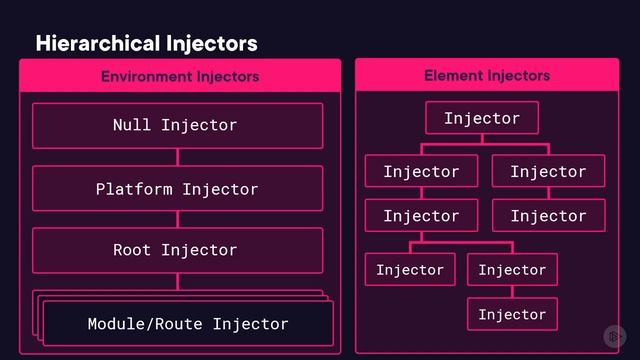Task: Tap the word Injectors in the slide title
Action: pos(213,43)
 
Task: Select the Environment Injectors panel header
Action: pos(180,76)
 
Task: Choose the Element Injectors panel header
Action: pos(487,75)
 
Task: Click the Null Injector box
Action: pos(177,125)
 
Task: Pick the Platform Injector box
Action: pos(177,188)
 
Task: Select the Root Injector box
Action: pos(177,250)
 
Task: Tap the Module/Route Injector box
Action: pos(187,323)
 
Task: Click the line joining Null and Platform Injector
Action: pos(178,157)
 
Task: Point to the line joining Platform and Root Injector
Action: pos(178,219)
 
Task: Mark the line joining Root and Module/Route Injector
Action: pos(178,282)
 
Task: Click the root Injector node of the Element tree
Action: pos(482,118)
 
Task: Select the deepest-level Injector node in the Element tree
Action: pos(512,314)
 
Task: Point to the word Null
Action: pos(132,125)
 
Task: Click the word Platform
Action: pos(134,188)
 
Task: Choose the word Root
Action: pos(132,250)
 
